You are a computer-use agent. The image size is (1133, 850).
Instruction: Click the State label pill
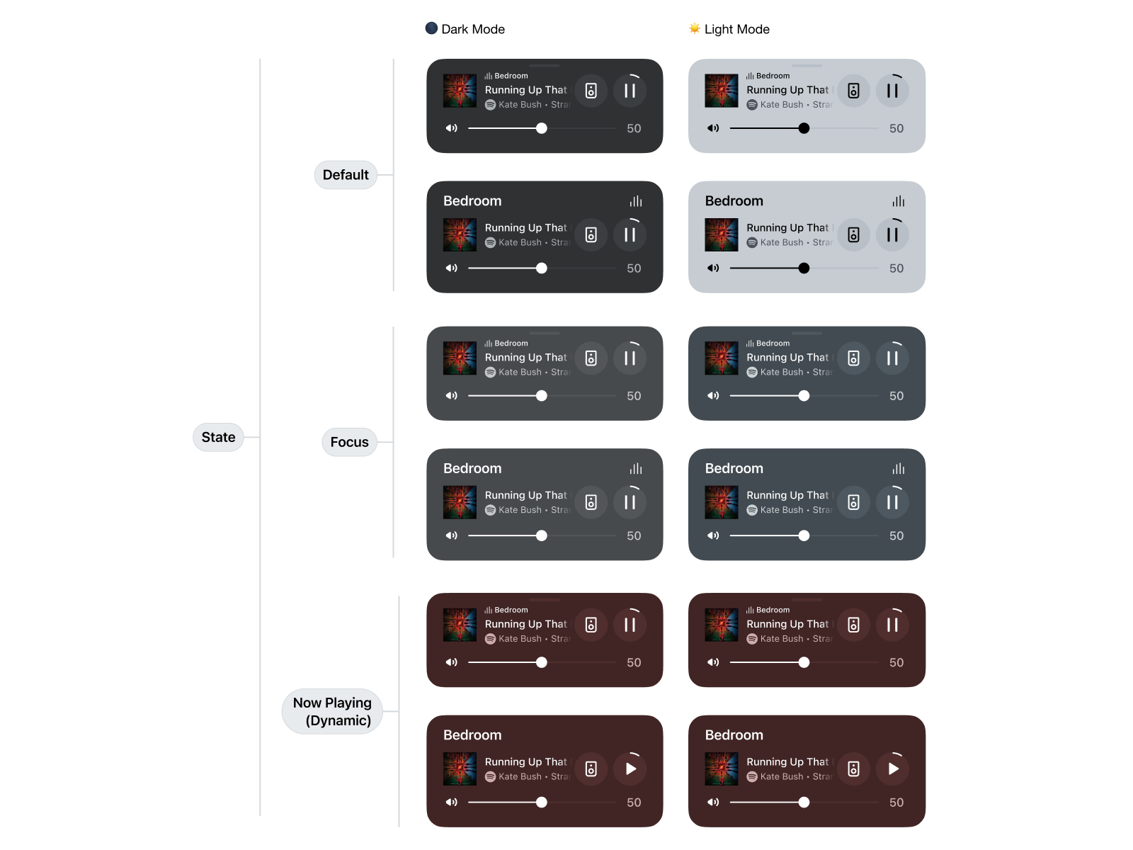[218, 437]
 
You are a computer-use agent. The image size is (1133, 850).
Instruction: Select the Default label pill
[346, 175]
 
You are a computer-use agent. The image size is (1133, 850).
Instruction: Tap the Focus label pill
[349, 442]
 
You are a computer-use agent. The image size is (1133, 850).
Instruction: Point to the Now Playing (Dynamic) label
[332, 711]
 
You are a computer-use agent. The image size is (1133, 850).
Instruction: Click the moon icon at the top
[431, 28]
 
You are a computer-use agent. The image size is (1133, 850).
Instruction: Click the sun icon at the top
[695, 28]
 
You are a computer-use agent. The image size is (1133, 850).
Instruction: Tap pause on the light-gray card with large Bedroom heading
[892, 234]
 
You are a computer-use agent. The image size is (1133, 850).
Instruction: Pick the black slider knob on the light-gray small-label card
[804, 128]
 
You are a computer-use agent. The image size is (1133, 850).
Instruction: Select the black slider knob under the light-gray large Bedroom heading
[804, 268]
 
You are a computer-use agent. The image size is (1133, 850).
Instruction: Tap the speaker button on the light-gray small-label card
[854, 91]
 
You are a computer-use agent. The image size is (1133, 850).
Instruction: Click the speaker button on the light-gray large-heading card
[854, 234]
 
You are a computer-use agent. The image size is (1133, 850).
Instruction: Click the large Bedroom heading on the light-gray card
[734, 201]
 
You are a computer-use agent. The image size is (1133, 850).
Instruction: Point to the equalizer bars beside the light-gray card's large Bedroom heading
[898, 202]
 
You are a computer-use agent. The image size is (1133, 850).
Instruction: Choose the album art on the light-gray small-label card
[722, 91]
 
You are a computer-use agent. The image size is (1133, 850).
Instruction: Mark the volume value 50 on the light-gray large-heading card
[896, 268]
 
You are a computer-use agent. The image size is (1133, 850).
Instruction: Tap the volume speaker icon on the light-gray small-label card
[713, 128]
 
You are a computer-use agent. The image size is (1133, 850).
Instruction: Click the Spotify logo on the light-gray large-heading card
[752, 242]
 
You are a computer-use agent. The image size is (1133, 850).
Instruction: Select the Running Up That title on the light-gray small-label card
[787, 90]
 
